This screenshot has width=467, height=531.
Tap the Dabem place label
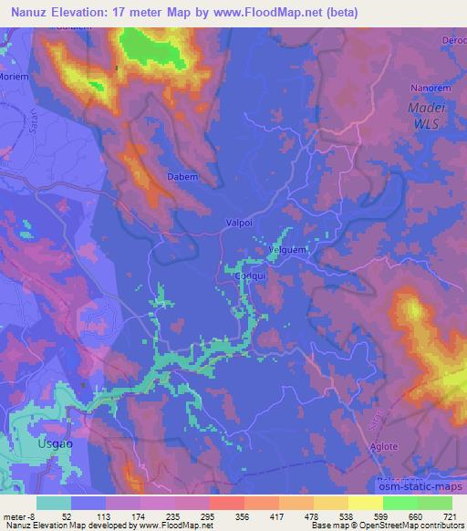tap(180, 179)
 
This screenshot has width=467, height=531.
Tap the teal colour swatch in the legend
tap(54, 502)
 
